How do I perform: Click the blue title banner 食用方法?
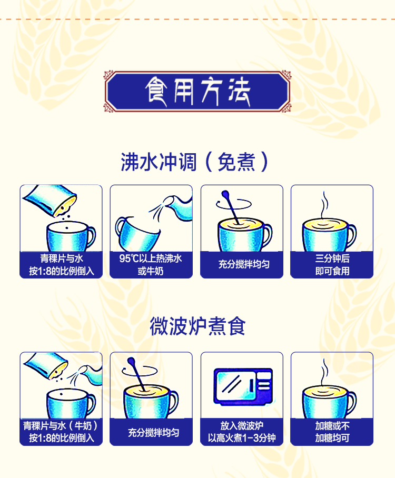pyautogui.click(x=197, y=91)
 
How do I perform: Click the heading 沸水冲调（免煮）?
pyautogui.click(x=194, y=162)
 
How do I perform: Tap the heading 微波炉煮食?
pyautogui.click(x=197, y=326)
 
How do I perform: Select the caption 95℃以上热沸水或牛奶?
pyautogui.click(x=151, y=265)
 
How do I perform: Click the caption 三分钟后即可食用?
pyautogui.click(x=332, y=265)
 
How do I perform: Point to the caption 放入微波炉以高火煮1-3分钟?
pyautogui.click(x=242, y=432)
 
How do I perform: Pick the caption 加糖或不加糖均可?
pyautogui.click(x=332, y=432)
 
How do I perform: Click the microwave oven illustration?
pyautogui.click(x=243, y=386)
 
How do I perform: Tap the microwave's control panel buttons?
pyautogui.click(x=264, y=383)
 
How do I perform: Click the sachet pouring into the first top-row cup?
pyautogui.click(x=51, y=200)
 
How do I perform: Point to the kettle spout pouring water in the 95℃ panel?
pyautogui.click(x=179, y=207)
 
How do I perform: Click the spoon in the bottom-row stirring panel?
pyautogui.click(x=136, y=374)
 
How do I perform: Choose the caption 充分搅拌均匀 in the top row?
pyautogui.click(x=244, y=264)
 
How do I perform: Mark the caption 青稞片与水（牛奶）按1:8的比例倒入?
pyautogui.click(x=61, y=432)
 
